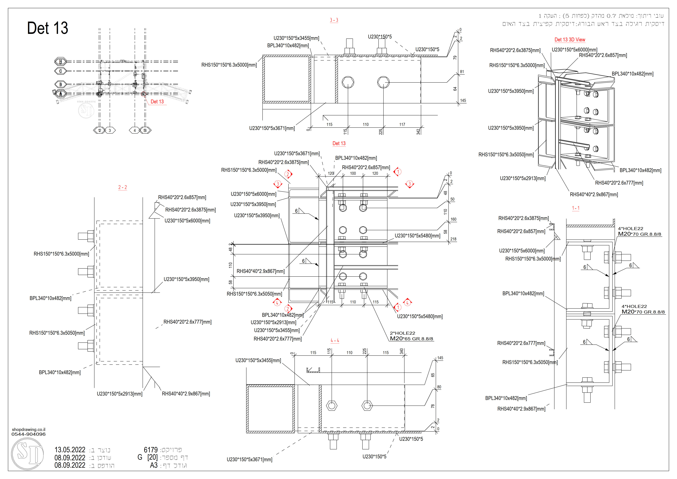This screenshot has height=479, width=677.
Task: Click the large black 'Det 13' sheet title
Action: click(47, 28)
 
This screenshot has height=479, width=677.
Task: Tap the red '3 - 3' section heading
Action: click(334, 20)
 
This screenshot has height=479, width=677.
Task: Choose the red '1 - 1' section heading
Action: click(576, 208)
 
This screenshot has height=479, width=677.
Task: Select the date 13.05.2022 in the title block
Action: click(70, 450)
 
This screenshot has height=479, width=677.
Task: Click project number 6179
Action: click(151, 450)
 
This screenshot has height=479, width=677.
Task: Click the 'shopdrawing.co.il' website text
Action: click(29, 429)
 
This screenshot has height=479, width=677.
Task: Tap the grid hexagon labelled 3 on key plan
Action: click(110, 130)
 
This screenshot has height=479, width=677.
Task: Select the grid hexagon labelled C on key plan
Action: click(60, 71)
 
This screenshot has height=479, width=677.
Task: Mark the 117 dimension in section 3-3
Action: click(402, 125)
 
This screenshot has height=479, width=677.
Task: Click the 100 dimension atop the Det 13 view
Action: click(353, 173)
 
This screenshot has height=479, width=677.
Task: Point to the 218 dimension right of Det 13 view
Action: click(453, 239)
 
